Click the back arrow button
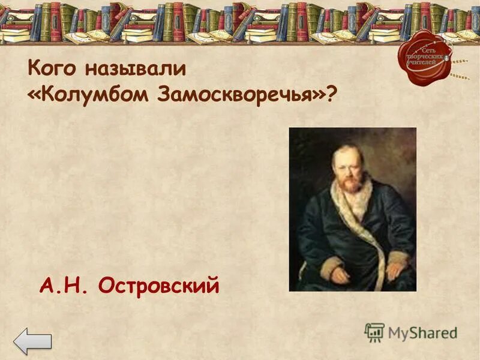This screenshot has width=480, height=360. coord(32,342)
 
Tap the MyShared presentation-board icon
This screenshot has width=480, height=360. coord(374,332)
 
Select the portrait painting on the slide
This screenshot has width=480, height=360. coord(352,209)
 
